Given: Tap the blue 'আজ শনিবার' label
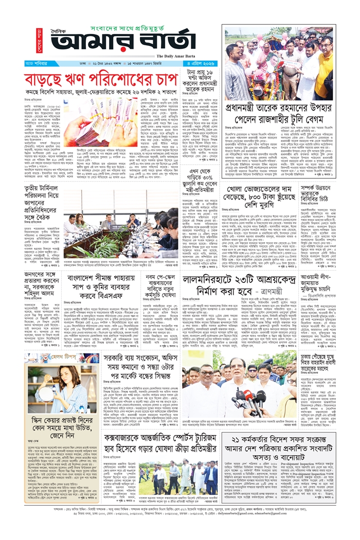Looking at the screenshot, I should pyautogui.click(x=37, y=64).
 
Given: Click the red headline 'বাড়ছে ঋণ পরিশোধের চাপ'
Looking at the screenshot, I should pyautogui.click(x=100, y=81).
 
